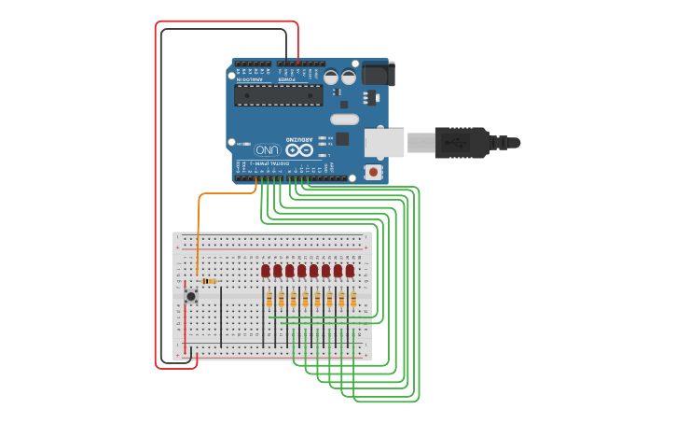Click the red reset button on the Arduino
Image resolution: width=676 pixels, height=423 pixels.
(x=374, y=172)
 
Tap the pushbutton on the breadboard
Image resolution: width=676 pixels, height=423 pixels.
(x=191, y=296)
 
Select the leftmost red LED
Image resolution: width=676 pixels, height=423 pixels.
(x=266, y=271)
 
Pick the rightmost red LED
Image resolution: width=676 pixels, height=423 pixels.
(x=350, y=271)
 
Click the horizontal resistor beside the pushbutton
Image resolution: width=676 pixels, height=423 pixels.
(x=210, y=280)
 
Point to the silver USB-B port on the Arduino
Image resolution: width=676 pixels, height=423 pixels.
(x=384, y=143)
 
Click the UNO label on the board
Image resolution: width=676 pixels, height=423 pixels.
(x=266, y=149)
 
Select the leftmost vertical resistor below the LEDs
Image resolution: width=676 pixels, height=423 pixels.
(x=269, y=299)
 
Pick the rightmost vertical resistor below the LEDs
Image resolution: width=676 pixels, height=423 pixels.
(x=353, y=299)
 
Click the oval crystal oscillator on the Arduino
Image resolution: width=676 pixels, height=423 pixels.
(x=344, y=119)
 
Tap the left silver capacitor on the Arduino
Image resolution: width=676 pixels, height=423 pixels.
(x=332, y=78)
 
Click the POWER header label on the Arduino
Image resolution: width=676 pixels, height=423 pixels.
(x=286, y=79)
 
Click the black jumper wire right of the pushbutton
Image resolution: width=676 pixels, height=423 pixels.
(x=221, y=313)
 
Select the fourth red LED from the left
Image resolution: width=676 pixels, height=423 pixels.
(x=302, y=271)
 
